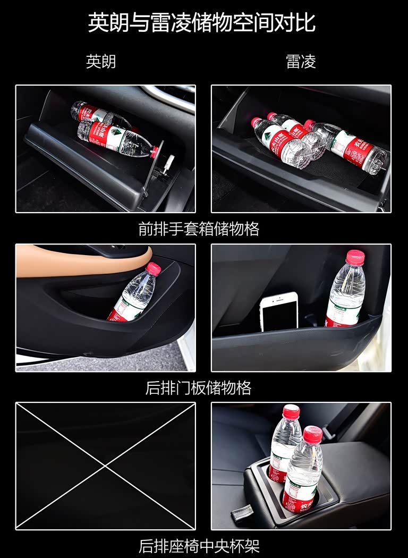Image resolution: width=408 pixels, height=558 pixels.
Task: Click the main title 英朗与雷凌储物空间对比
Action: tap(202, 22)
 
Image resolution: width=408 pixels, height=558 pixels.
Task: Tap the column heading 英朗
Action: tap(101, 61)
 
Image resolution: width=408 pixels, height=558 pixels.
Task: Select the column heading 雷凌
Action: tap(301, 61)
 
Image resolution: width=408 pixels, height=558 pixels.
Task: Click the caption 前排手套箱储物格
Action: tap(199, 229)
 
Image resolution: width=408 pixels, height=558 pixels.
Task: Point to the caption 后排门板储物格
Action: tap(199, 387)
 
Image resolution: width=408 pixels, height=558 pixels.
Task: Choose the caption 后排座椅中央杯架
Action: tap(199, 546)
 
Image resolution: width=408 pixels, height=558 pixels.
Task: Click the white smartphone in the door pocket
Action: tap(279, 312)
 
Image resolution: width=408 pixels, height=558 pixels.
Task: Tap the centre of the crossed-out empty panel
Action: tap(106, 466)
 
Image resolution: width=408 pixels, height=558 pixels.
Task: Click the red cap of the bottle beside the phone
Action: tap(355, 257)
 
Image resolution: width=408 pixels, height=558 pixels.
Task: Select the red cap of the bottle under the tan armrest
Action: tap(154, 268)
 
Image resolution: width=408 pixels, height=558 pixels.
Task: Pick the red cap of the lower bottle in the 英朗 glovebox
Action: tap(154, 151)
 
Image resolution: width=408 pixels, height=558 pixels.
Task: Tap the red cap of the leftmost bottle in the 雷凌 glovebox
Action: tap(256, 122)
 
